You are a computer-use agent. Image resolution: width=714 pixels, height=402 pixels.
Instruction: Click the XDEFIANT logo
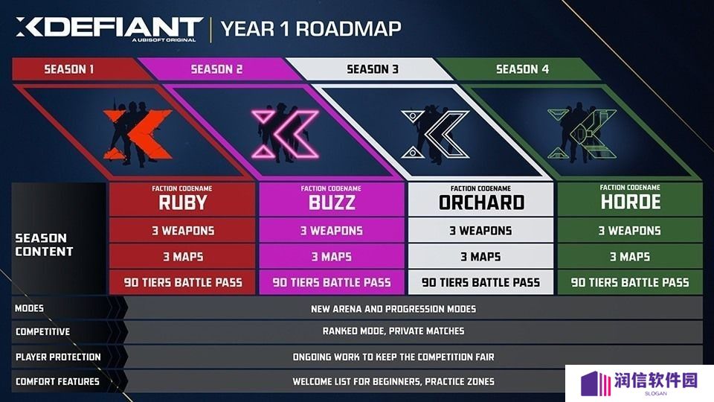tap(109, 30)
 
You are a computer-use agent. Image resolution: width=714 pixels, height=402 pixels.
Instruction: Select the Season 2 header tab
tap(216, 68)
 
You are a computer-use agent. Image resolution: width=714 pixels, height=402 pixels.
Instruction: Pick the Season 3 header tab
tap(373, 68)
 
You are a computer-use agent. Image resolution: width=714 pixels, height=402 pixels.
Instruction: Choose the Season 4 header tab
tap(522, 68)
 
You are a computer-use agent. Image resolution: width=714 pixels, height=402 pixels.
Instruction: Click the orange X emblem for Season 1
tap(138, 135)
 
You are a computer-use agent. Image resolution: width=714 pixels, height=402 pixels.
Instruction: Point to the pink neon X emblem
tap(286, 134)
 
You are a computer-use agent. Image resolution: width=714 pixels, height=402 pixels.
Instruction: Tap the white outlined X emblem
tap(435, 134)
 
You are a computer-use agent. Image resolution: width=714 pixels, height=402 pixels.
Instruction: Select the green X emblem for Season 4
tap(582, 134)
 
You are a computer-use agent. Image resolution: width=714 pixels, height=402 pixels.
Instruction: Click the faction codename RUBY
tap(183, 202)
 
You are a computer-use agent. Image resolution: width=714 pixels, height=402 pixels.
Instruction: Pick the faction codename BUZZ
tap(332, 202)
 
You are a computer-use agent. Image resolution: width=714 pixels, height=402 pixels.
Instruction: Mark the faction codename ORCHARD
tap(481, 202)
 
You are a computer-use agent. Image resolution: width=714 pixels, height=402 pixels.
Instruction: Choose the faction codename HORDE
tap(631, 202)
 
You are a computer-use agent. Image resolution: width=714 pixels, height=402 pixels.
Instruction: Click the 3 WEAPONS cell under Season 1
tap(183, 231)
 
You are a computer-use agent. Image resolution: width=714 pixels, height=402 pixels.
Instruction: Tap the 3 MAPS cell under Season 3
tap(481, 257)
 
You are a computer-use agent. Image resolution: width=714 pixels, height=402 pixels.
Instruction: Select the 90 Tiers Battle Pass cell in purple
tap(332, 283)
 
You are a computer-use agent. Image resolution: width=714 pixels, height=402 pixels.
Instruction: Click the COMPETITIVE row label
tap(43, 332)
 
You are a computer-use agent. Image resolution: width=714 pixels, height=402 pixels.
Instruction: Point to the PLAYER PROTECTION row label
tap(58, 357)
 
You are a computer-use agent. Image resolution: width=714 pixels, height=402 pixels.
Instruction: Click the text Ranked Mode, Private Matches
tap(393, 331)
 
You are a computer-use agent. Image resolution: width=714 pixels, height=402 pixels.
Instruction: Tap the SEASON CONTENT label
tap(44, 245)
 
